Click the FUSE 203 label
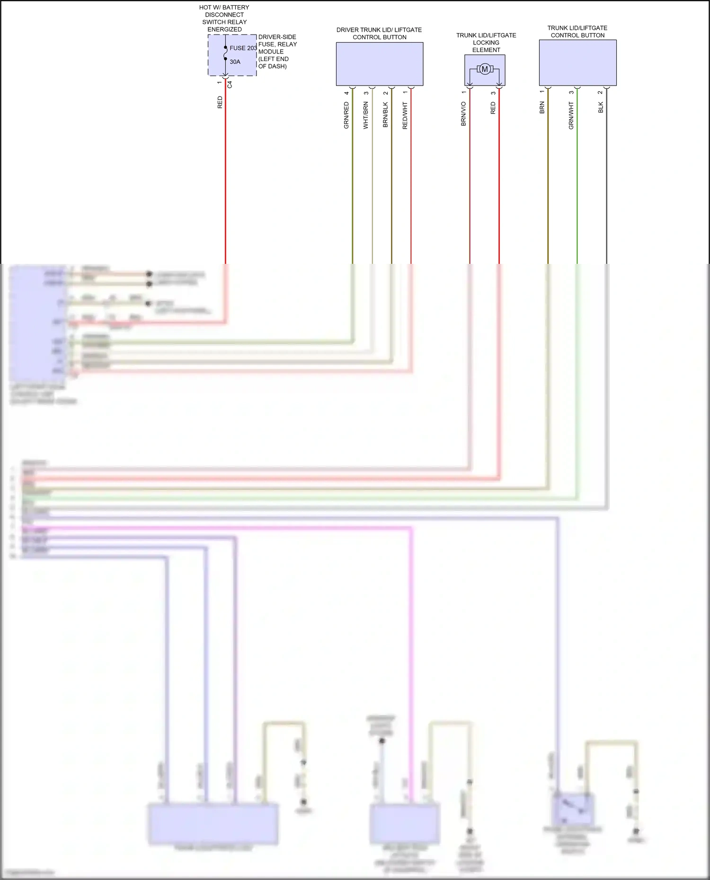click(243, 48)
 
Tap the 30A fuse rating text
click(235, 62)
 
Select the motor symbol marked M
click(484, 70)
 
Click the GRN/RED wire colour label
click(346, 115)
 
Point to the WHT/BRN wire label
click(365, 115)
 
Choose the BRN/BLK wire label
click(385, 115)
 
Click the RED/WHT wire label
click(405, 115)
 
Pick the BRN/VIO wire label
click(463, 114)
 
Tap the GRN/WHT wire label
click(571, 115)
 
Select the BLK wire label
click(601, 107)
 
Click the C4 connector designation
click(230, 85)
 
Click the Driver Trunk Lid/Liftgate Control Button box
click(379, 64)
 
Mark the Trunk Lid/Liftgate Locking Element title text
click(486, 43)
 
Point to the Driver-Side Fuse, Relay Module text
click(277, 52)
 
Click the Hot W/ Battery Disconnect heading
click(224, 18)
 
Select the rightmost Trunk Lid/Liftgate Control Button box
click(577, 62)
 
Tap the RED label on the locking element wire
click(493, 108)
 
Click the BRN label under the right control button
click(542, 107)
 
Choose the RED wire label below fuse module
click(220, 102)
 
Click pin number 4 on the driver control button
click(346, 93)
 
